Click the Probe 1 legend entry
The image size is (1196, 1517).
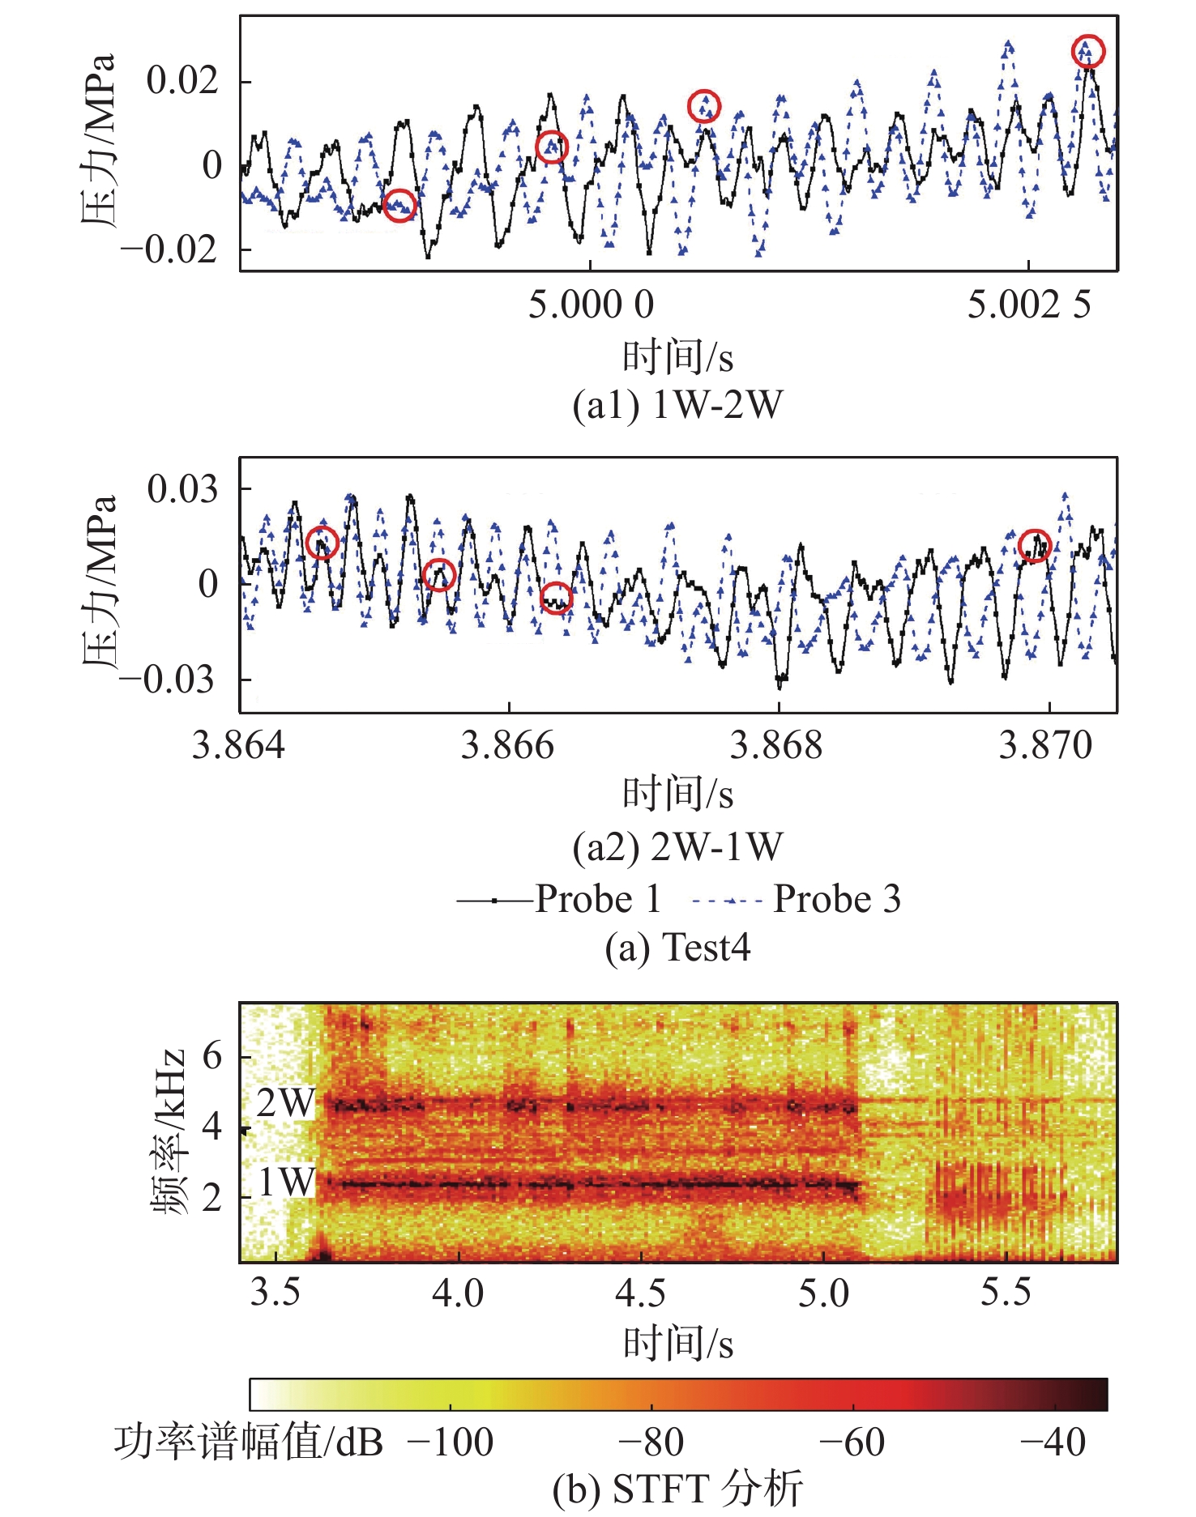click(559, 899)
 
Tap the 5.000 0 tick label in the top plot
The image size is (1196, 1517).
click(591, 305)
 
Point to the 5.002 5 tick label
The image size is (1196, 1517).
click(1029, 305)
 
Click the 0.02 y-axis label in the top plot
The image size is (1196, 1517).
click(182, 80)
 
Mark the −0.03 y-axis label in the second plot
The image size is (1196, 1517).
click(168, 679)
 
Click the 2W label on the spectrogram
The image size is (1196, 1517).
click(285, 1103)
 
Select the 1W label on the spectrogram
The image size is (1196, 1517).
click(285, 1182)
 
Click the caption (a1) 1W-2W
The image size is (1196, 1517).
click(677, 405)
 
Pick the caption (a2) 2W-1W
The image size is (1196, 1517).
click(677, 847)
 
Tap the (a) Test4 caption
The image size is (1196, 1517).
click(677, 948)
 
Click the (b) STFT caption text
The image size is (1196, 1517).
click(677, 1489)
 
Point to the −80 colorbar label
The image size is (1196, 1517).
click(651, 1442)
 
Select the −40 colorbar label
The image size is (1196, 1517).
click(1053, 1442)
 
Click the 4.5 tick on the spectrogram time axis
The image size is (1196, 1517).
click(640, 1293)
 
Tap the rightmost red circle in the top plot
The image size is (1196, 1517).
click(1087, 51)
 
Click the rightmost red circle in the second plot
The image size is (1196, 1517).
click(1035, 545)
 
